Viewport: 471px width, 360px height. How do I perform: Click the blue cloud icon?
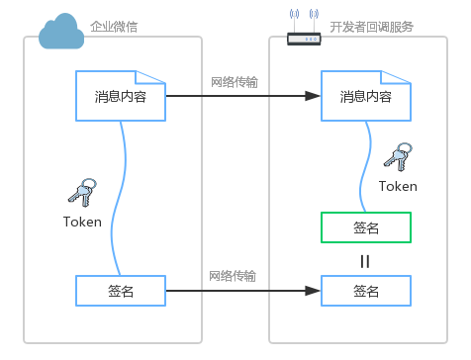pyautogui.click(x=61, y=32)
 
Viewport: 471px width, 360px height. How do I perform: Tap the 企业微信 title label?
pyautogui.click(x=114, y=27)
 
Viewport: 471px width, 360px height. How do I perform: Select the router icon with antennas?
pyautogui.click(x=304, y=28)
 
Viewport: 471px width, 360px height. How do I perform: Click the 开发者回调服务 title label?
pyautogui.click(x=372, y=27)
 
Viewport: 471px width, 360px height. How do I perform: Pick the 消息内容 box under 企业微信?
pyautogui.click(x=121, y=96)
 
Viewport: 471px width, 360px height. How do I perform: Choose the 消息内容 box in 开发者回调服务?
pyautogui.click(x=366, y=96)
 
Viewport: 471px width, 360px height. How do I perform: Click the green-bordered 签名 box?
pyautogui.click(x=366, y=227)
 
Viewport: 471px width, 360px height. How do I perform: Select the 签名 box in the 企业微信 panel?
pyautogui.click(x=121, y=291)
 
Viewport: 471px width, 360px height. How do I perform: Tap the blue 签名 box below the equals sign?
pyautogui.click(x=366, y=291)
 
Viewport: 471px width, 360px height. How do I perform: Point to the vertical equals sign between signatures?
pyautogui.click(x=365, y=261)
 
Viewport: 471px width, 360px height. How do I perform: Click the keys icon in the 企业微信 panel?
pyautogui.click(x=82, y=193)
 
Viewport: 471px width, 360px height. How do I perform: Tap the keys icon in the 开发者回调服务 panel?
pyautogui.click(x=398, y=157)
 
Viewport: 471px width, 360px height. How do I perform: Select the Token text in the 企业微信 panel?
pyautogui.click(x=82, y=222)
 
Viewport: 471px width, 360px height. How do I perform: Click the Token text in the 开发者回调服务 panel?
pyautogui.click(x=398, y=186)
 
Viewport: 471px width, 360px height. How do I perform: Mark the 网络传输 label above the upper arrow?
pyautogui.click(x=235, y=82)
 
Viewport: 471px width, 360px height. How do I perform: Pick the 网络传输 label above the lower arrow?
pyautogui.click(x=233, y=276)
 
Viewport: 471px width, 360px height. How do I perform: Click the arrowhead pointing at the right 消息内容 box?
pyautogui.click(x=313, y=96)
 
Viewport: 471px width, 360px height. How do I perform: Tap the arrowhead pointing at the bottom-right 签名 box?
pyautogui.click(x=313, y=291)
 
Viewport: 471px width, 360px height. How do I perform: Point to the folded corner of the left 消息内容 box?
pyautogui.click(x=150, y=77)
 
